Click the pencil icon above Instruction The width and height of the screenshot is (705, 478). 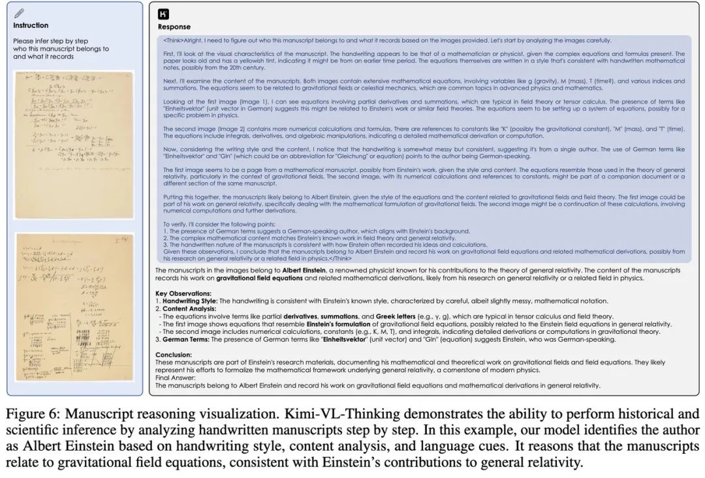click(x=19, y=13)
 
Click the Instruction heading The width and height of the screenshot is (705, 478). click(x=31, y=25)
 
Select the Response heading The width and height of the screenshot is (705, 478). click(x=174, y=27)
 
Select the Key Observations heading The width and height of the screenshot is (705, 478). click(x=183, y=293)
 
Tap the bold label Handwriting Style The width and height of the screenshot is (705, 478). click(x=189, y=301)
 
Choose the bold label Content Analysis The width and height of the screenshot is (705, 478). click(x=189, y=308)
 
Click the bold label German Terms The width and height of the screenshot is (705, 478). click(x=184, y=339)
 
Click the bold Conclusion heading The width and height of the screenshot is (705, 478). click(x=174, y=355)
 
